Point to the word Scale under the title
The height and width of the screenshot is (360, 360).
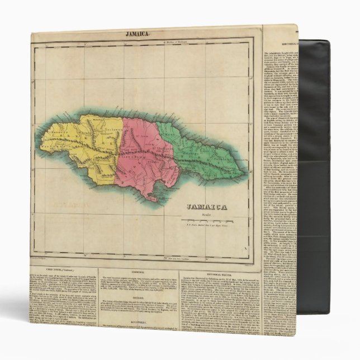point(207,214)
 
